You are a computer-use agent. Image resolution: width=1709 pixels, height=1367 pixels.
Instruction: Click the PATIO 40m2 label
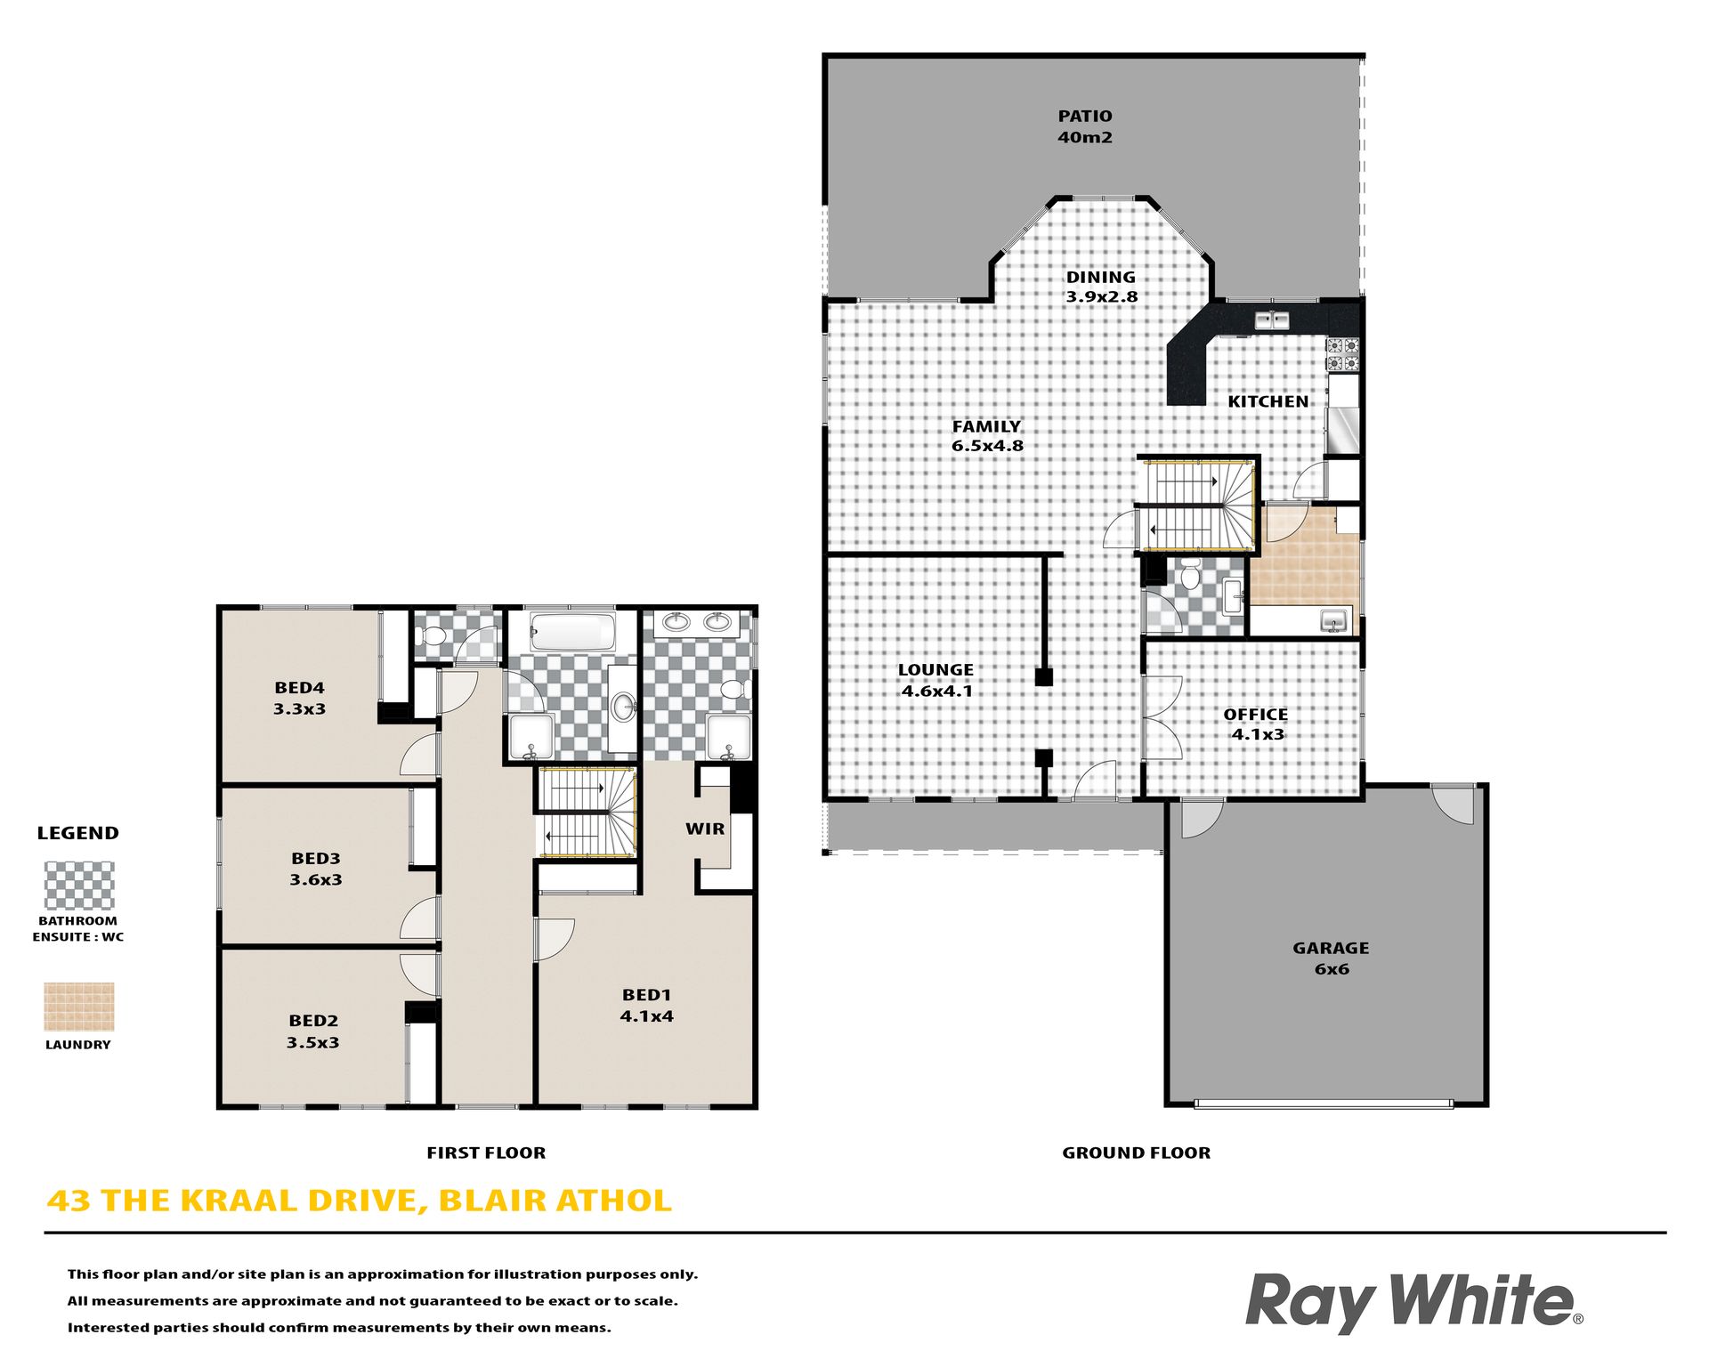pos(1084,126)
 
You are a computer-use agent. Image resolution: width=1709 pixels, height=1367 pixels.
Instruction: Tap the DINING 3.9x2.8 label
pos(1101,287)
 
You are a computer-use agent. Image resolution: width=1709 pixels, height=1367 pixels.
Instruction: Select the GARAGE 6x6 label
pos(1331,959)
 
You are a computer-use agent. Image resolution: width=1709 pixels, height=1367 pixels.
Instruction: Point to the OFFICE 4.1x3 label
pos(1256,724)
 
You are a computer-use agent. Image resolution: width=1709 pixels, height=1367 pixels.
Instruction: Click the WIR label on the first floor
pos(705,829)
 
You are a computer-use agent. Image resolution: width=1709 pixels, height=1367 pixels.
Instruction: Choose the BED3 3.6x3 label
pos(316,869)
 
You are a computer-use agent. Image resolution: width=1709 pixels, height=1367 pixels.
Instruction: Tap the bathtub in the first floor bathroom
pos(572,632)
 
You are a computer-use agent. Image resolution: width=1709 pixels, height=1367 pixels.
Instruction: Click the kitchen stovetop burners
pos(1343,354)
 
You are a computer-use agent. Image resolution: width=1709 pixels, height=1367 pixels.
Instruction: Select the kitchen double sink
pos(1273,320)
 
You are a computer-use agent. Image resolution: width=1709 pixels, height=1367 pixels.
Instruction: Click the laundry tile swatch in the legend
pos(79,1007)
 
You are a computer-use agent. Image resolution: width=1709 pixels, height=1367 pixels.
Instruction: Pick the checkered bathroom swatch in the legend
pos(79,886)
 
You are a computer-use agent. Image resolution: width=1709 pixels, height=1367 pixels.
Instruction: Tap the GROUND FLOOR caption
pos(1136,1153)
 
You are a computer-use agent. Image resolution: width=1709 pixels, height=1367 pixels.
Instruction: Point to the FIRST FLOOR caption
pos(486,1153)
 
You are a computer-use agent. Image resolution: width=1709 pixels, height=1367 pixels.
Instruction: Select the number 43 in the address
pos(69,1201)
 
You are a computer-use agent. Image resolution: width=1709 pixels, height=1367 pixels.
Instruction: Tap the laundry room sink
pos(1333,619)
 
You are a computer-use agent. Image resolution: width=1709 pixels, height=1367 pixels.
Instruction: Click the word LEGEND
pos(77,833)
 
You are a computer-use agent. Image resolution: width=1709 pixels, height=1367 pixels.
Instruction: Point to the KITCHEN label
pos(1268,401)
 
